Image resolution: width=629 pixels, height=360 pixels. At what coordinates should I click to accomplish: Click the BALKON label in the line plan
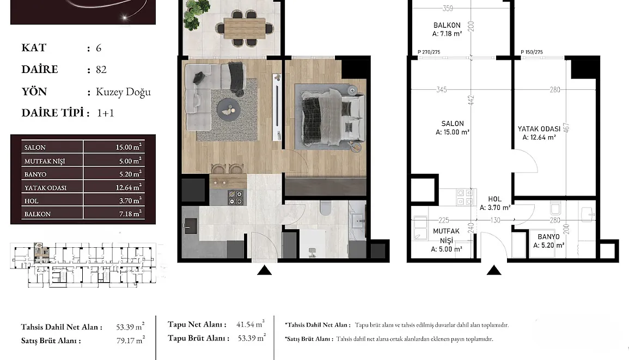click(447, 25)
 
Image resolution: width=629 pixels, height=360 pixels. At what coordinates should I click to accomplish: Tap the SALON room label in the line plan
click(453, 124)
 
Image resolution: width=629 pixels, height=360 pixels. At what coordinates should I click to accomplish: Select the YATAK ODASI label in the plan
click(539, 129)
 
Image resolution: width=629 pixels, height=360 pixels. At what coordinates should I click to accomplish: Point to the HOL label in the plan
click(494, 199)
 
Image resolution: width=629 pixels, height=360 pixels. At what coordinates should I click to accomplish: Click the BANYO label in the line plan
click(548, 237)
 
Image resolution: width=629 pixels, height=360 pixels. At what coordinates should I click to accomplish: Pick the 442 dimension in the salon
click(471, 100)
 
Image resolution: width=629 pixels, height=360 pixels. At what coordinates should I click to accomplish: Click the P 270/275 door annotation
click(429, 52)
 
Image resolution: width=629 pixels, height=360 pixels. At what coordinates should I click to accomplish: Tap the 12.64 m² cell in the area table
click(129, 187)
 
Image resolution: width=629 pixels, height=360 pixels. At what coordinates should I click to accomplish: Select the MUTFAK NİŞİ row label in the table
click(45, 161)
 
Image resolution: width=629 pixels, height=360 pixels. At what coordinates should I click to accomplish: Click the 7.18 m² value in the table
click(130, 214)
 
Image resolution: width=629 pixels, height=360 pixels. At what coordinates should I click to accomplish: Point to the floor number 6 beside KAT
click(99, 48)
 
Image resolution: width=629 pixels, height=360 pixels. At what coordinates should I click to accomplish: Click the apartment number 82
click(101, 70)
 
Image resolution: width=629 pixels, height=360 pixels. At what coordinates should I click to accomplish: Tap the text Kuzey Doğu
click(123, 92)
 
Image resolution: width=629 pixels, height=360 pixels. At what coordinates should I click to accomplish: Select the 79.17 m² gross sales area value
click(130, 340)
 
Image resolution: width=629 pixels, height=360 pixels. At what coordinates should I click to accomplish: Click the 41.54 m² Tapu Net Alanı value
click(251, 324)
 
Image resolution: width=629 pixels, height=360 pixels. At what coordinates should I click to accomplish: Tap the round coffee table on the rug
click(229, 108)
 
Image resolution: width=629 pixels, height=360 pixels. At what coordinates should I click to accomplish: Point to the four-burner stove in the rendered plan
click(235, 198)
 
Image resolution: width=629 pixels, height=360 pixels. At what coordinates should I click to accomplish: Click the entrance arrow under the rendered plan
click(264, 270)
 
